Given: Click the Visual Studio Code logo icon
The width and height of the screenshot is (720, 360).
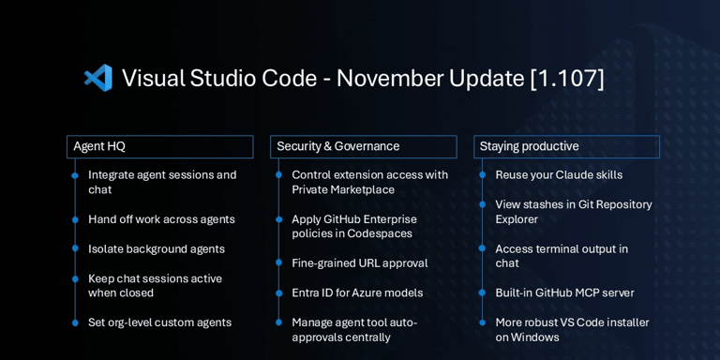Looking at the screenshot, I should [x=97, y=78].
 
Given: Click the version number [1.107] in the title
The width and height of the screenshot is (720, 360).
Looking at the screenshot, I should [x=567, y=78].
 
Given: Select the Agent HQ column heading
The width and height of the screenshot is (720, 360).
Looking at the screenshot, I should [x=99, y=146].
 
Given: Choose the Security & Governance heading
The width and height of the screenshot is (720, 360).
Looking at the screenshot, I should [x=337, y=146].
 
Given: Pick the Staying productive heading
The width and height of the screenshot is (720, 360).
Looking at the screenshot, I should [x=529, y=146].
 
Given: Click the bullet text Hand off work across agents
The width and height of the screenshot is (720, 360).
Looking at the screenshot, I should [x=161, y=219].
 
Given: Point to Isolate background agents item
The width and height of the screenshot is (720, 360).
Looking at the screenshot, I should [x=156, y=249].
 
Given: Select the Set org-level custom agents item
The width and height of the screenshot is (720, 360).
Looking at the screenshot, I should [x=159, y=322].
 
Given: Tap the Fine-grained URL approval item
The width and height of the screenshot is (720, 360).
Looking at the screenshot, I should [x=359, y=263].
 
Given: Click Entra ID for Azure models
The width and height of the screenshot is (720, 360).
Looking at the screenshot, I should [x=357, y=292].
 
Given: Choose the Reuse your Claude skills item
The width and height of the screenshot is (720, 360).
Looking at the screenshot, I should [x=559, y=175].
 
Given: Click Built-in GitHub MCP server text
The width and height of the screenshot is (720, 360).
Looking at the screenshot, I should [x=564, y=292].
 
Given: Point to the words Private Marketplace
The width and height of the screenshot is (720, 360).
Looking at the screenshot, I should [x=343, y=190].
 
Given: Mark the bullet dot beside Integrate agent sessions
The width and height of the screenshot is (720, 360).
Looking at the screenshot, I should [x=75, y=175].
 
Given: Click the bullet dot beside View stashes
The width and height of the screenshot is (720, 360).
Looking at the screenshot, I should [x=482, y=204].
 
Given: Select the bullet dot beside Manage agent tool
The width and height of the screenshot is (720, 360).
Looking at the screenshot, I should [x=278, y=322].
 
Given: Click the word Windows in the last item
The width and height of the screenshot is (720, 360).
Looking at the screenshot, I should [x=536, y=337].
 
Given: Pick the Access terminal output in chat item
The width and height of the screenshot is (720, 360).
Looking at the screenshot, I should [x=562, y=256].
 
